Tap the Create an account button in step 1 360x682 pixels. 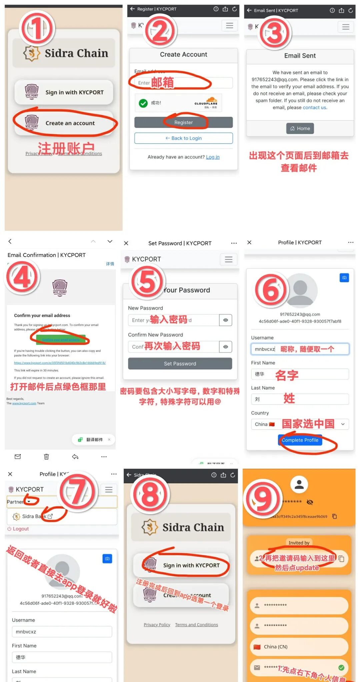click(x=65, y=123)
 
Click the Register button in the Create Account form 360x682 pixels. click(x=183, y=122)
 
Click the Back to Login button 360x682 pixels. click(x=183, y=138)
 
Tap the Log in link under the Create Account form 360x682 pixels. click(x=213, y=157)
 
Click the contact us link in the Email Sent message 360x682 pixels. click(x=315, y=108)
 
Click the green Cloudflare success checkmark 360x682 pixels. click(x=143, y=103)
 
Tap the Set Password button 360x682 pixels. click(x=180, y=363)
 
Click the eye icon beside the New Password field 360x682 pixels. click(x=226, y=320)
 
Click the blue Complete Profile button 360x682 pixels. click(x=300, y=440)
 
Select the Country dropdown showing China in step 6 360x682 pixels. click(x=300, y=424)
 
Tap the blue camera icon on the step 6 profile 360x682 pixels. click(x=344, y=278)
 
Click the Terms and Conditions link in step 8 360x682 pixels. click(x=196, y=625)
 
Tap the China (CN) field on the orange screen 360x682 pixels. click(x=299, y=647)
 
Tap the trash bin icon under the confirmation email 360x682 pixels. click(x=46, y=456)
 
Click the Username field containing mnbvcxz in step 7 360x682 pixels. click(x=62, y=632)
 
